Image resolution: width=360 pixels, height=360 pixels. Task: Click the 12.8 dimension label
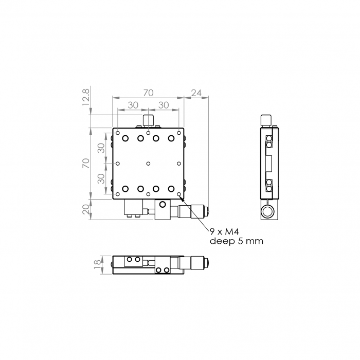[85, 97]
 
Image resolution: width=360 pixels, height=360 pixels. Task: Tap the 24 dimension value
[196, 93]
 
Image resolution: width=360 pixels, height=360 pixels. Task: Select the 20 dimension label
[86, 209]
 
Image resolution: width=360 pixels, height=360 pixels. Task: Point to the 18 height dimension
[97, 262]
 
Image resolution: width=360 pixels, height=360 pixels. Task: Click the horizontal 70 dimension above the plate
[148, 93]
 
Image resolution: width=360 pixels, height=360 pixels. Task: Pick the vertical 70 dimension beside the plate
[86, 163]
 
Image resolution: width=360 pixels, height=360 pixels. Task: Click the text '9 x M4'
[224, 232]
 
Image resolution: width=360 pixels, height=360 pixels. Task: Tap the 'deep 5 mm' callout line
[237, 241]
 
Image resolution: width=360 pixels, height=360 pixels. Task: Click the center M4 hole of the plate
[148, 164]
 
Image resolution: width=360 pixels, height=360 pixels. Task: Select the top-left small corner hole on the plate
[118, 133]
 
